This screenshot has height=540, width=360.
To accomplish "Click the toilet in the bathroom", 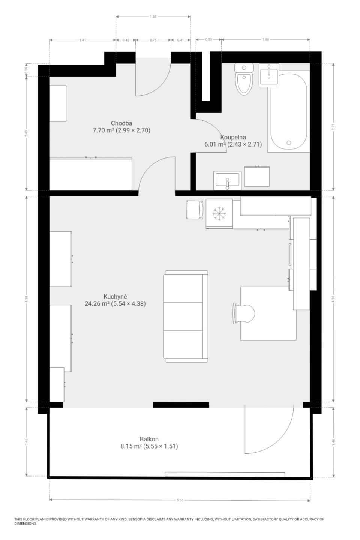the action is tap(244, 79).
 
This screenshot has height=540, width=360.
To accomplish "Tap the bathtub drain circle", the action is tap(289, 143).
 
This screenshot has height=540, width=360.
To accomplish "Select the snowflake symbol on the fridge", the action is tap(219, 214).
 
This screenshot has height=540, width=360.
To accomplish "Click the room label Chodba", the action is tap(121, 123).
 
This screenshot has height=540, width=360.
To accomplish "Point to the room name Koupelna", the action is tap(233, 137).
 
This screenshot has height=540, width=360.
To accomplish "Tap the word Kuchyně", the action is tap(115, 297).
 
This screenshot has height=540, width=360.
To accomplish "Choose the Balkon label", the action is tap(149, 439).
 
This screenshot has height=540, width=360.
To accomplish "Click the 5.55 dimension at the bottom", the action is tap(180, 500).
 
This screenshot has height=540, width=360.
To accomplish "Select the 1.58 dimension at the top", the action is tap(153, 16).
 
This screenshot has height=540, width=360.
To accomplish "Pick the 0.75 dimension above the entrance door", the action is tap(153, 40).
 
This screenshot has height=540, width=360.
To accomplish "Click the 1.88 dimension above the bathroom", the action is tap(265, 40).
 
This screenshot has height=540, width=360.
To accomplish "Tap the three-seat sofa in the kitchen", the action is tap(186, 316).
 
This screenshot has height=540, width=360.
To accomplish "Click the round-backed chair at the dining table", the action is tap(244, 313).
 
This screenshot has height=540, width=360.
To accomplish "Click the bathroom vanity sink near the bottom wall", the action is tap(227, 180).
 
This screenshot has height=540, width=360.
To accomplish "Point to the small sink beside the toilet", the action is tap(269, 75).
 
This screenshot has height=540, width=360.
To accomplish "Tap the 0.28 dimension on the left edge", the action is tap(27, 69).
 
